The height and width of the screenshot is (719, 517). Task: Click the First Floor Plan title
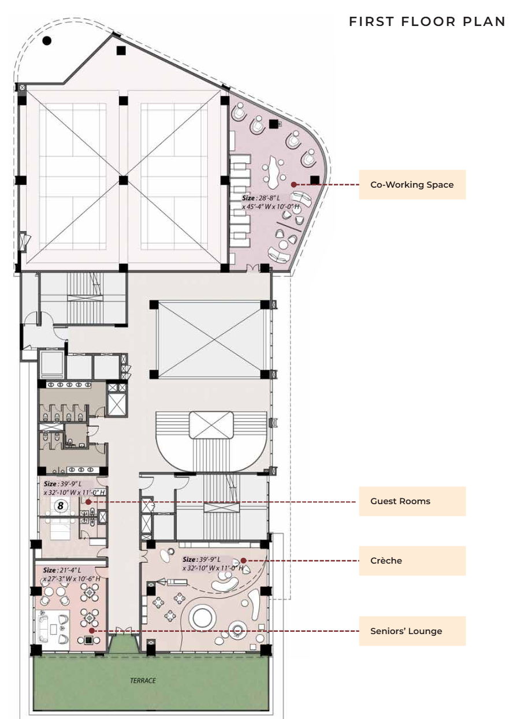click(427, 22)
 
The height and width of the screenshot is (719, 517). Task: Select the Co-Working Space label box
click(412, 185)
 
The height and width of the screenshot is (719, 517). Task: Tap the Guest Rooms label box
click(412, 501)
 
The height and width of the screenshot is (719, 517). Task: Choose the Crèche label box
click(412, 560)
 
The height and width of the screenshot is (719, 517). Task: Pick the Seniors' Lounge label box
click(412, 631)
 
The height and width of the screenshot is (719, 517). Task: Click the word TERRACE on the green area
click(143, 680)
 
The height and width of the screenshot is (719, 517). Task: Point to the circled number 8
click(61, 506)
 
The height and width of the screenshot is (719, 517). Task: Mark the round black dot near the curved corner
click(47, 41)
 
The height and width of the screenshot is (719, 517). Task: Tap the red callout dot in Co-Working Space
click(293, 185)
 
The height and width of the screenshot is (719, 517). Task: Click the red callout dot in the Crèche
click(243, 560)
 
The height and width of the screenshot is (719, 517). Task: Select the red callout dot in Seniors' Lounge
click(91, 631)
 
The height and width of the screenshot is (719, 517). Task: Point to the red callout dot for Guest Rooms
click(88, 501)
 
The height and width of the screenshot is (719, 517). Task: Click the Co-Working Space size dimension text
click(270, 202)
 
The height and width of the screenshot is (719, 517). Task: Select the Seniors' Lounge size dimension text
click(72, 574)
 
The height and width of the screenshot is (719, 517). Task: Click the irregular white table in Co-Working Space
click(274, 172)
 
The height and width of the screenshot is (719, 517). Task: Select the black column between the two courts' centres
click(123, 180)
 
